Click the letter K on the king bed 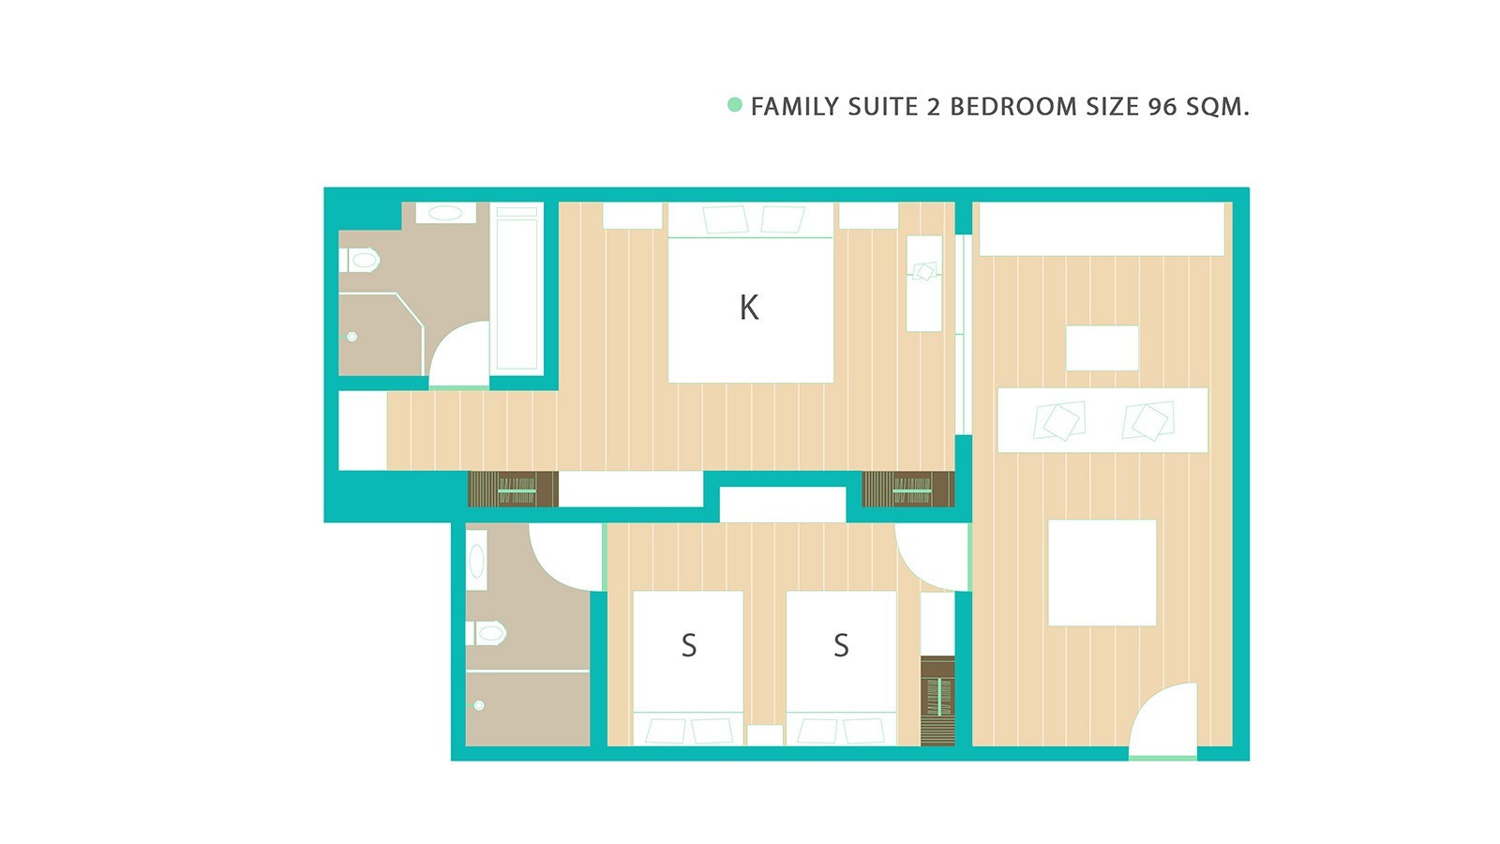click(x=749, y=309)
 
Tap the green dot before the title click(x=735, y=104)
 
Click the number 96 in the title click(x=1162, y=107)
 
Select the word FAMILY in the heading click(x=794, y=107)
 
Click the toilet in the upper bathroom click(x=359, y=260)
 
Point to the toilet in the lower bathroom click(x=486, y=633)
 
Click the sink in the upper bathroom click(x=445, y=213)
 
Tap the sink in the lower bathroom click(x=477, y=561)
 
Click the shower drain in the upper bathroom click(x=352, y=337)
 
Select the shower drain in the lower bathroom click(x=479, y=705)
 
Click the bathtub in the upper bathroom click(x=517, y=288)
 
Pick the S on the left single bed click(x=689, y=646)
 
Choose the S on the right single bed click(x=842, y=646)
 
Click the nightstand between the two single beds click(x=765, y=735)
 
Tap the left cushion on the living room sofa click(x=1059, y=421)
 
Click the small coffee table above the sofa click(x=1102, y=348)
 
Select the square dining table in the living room click(x=1102, y=573)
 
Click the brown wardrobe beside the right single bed click(x=937, y=701)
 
